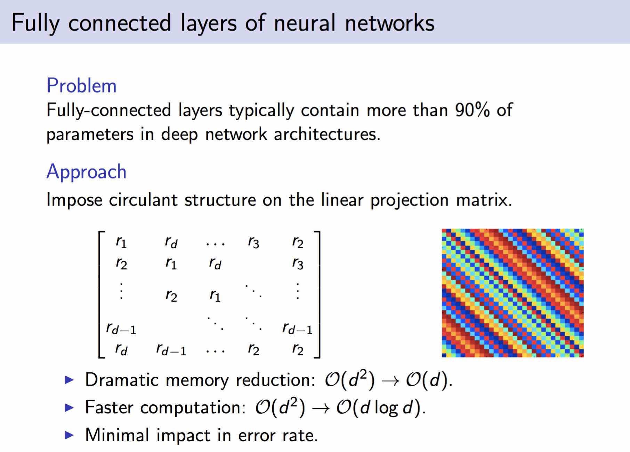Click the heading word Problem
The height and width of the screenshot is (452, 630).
tap(81, 86)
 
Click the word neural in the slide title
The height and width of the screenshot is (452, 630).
tap(305, 23)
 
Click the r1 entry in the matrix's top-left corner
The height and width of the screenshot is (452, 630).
tap(121, 242)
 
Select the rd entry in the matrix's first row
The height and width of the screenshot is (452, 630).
tap(171, 242)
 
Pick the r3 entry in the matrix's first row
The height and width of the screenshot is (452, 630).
tap(253, 242)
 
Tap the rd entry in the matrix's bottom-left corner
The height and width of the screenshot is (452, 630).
tap(121, 349)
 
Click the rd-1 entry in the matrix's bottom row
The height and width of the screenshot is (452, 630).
tap(171, 349)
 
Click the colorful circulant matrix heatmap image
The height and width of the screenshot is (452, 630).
tap(512, 293)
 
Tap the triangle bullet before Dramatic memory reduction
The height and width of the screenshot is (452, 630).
tap(70, 380)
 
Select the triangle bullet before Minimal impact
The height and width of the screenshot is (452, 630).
tap(70, 435)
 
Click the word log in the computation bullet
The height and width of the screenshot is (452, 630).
tap(386, 408)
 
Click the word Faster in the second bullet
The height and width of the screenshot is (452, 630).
tap(109, 407)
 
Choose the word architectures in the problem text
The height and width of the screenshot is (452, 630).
tap(327, 134)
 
